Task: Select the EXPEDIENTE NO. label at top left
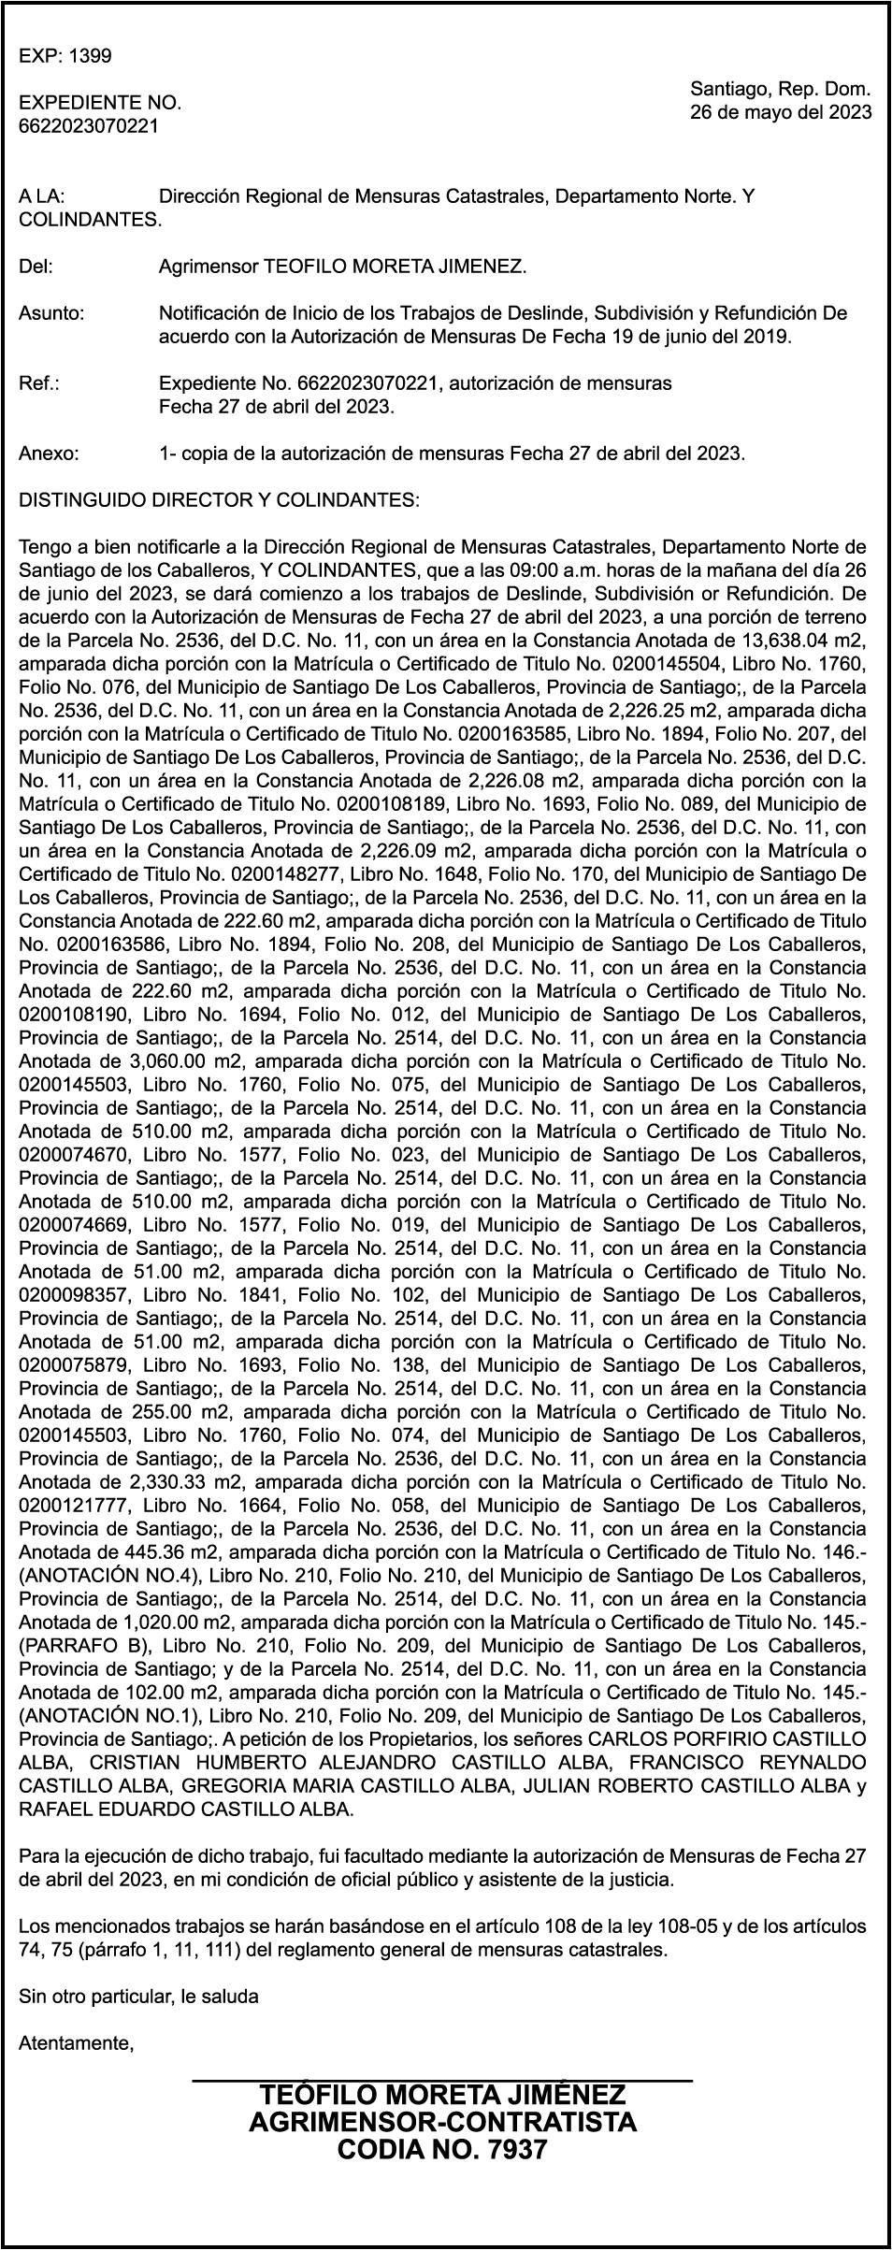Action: [x=100, y=103]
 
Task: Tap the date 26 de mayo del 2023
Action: [x=781, y=113]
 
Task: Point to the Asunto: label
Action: [x=51, y=313]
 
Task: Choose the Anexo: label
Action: [x=50, y=454]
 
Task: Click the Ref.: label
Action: [x=39, y=383]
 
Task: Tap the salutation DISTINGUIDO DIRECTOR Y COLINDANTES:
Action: [x=220, y=500]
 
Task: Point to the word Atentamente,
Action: [x=77, y=2043]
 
